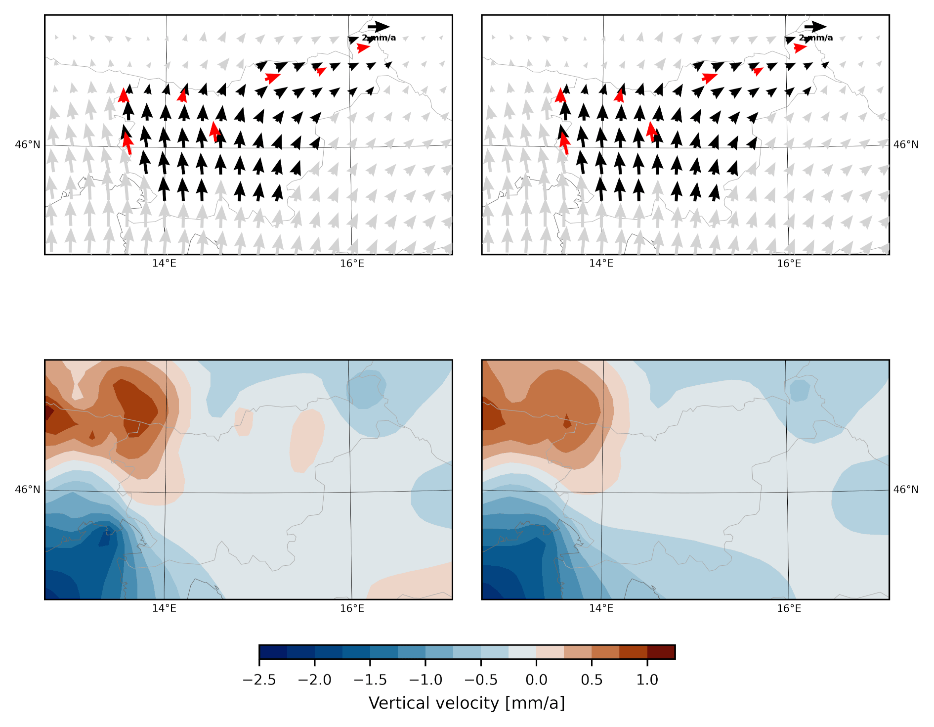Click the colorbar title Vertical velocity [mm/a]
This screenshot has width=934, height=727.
coord(467,703)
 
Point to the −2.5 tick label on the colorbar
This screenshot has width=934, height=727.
coord(259,680)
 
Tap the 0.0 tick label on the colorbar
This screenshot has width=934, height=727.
coord(536,680)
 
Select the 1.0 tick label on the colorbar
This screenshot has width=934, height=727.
coord(647,680)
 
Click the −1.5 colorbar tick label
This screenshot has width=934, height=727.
coord(370,680)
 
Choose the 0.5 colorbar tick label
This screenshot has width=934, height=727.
coord(592,680)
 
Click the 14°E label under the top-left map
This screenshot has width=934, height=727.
coord(164,264)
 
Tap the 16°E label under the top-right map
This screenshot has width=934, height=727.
coord(789,264)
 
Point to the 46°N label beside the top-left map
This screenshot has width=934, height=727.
coord(28,144)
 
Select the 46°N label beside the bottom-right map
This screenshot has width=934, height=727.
coord(906,490)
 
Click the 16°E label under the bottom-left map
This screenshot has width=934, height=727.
coord(352,609)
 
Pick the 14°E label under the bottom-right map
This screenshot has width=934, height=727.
coord(601,609)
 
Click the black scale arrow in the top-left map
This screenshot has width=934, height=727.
coord(379,27)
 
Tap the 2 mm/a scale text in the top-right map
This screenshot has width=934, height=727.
coord(816,38)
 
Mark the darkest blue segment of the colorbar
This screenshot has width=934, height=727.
coord(273,652)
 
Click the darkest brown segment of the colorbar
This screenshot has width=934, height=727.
coord(661,652)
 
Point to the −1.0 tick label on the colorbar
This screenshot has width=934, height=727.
coord(425,680)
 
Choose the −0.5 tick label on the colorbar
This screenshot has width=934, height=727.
coord(481,680)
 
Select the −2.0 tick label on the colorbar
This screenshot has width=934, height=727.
coord(315,680)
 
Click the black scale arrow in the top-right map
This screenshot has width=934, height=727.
coord(815,27)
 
